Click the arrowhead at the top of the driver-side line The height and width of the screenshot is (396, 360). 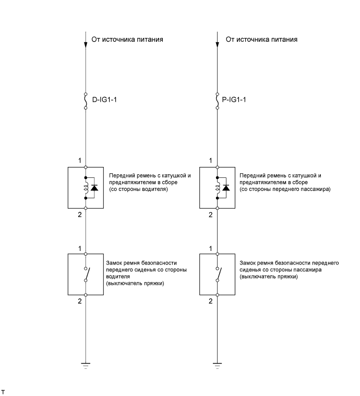pyautogui.click(x=86, y=44)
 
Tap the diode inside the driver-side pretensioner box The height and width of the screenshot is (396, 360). pyautogui.click(x=94, y=187)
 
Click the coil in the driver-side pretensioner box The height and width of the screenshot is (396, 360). pyautogui.click(x=86, y=187)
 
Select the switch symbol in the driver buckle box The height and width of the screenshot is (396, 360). pyautogui.click(x=87, y=274)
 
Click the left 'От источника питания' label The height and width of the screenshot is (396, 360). pyautogui.click(x=128, y=39)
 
